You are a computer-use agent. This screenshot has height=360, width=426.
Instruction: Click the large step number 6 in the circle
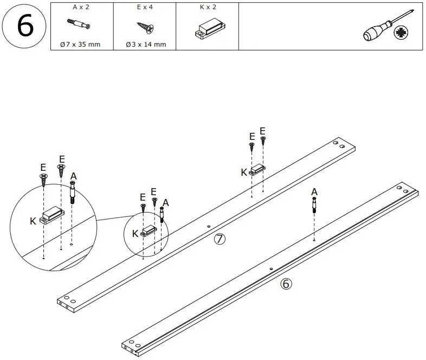(24, 27)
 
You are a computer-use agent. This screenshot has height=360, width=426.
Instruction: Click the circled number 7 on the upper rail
(219, 240)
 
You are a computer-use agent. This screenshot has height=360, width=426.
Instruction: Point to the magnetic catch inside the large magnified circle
(53, 214)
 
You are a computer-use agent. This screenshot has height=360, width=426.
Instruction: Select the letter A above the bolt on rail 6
(314, 191)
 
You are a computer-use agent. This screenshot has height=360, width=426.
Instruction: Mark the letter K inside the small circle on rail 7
(135, 234)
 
